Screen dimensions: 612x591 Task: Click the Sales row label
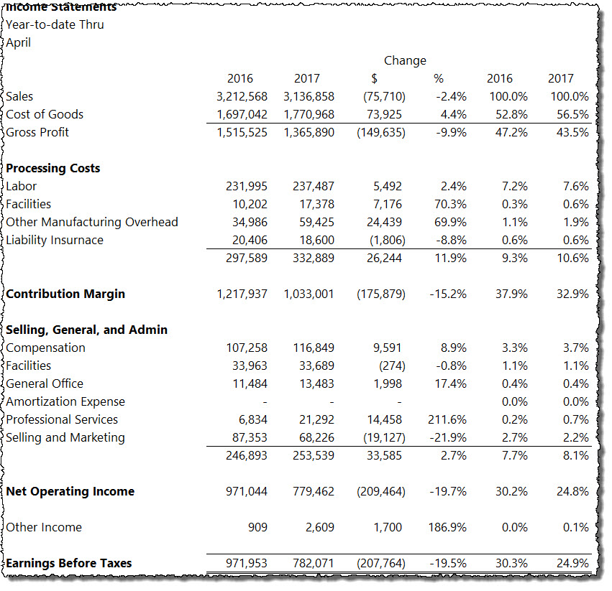[19, 96]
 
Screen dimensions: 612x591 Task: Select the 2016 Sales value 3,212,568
[242, 97]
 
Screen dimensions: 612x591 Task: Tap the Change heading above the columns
[405, 61]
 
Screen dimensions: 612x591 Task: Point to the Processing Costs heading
[53, 169]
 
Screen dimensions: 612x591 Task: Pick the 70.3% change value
[450, 204]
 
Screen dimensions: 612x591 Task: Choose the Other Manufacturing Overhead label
[92, 222]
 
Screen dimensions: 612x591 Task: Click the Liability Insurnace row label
[55, 240]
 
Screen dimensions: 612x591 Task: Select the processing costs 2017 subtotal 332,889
[314, 258]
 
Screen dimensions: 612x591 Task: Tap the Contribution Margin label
[65, 294]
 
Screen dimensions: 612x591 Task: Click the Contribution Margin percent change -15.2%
[448, 294]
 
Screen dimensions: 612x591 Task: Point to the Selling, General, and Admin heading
[86, 330]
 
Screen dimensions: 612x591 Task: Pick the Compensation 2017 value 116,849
[314, 348]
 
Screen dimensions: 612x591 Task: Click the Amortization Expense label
[65, 401]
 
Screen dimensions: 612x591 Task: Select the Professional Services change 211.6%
[447, 419]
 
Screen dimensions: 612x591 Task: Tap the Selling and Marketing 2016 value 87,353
[250, 437]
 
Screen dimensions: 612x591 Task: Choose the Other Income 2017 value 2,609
[319, 528]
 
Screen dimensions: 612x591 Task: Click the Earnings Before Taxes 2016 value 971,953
[247, 563]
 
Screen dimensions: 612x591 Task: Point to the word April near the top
[19, 42]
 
